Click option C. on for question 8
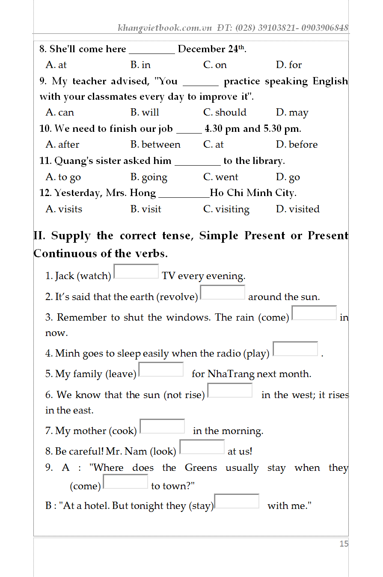tap(215, 65)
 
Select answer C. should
tap(225, 113)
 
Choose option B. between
tap(155, 145)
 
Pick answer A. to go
tap(63, 177)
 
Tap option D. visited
tap(298, 209)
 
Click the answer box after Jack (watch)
tap(136, 272)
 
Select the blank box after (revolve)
tap(223, 293)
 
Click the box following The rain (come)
tap(314, 313)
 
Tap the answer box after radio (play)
tap(295, 349)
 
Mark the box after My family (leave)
tap(161, 370)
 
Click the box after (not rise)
tap(230, 390)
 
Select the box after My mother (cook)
tap(162, 426)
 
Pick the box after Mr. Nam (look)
tap(202, 447)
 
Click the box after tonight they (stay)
tap(237, 501)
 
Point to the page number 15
tap(344, 544)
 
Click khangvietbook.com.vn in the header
tap(165, 28)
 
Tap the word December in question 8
tap(201, 49)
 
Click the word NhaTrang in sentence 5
tap(231, 374)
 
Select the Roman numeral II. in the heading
tap(40, 236)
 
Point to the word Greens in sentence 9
tap(201, 468)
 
